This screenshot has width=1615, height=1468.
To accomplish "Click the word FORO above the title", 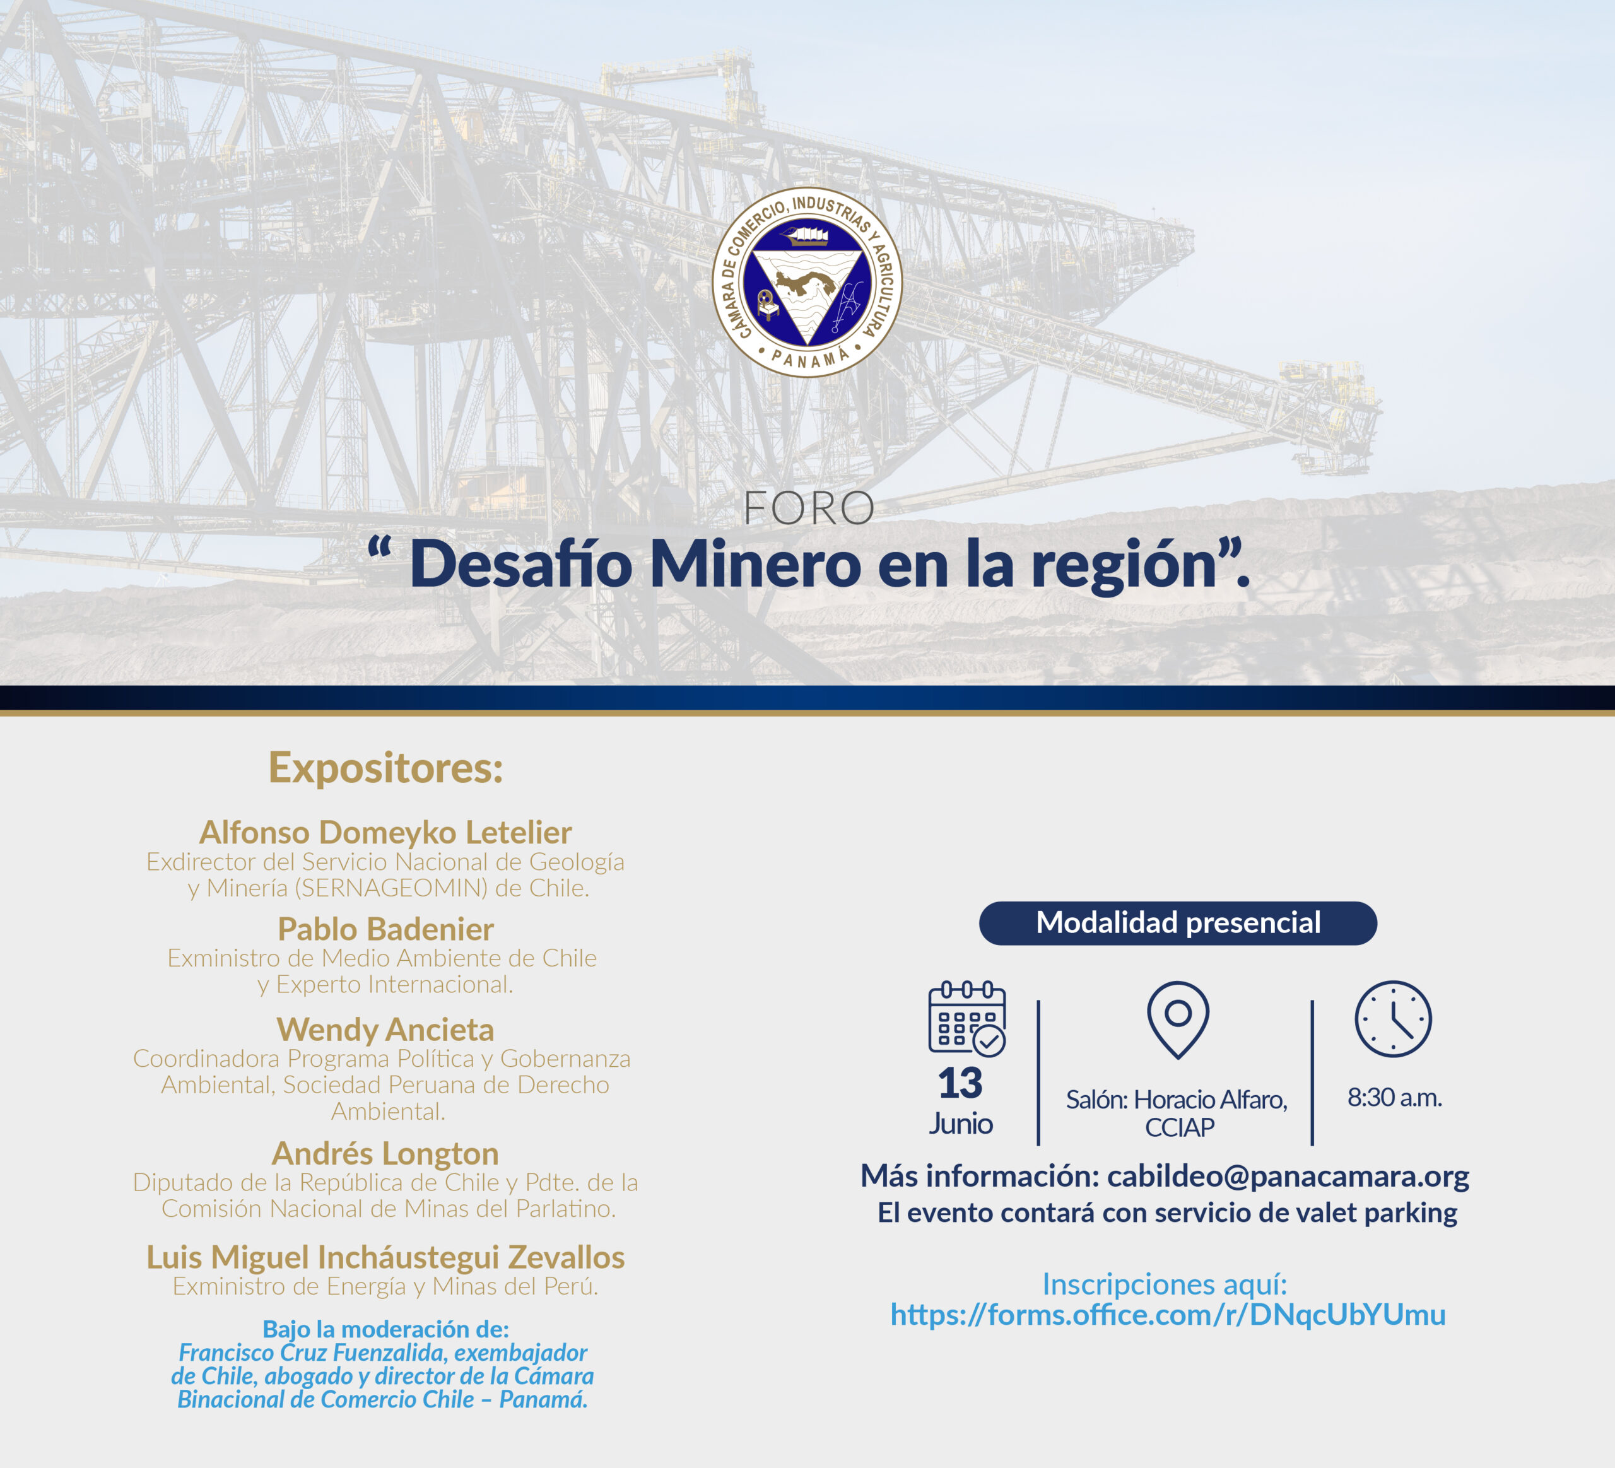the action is point(808,508).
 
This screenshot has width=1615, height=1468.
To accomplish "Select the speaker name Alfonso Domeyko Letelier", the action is point(385,833).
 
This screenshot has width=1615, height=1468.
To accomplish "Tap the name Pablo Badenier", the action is point(385,930).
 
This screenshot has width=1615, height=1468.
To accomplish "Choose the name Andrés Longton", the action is point(385,1154).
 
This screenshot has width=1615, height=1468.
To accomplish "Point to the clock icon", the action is point(1393,1019).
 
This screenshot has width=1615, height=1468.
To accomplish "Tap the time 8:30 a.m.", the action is point(1395,1098).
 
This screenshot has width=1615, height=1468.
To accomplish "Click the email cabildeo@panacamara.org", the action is point(1288,1177).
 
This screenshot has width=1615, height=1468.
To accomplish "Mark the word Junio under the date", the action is point(961,1124).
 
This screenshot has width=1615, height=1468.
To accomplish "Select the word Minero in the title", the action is point(755,565).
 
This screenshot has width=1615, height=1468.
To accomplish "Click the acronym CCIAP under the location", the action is point(1179,1127).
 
